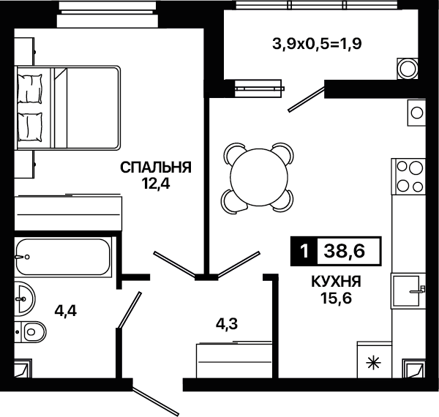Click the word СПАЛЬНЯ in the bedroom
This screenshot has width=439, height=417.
[x=156, y=168]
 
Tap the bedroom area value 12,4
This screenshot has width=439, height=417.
[x=156, y=184]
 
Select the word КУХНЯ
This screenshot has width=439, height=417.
[x=337, y=282]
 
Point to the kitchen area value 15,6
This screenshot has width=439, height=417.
[x=337, y=298]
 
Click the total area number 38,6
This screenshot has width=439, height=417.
[x=345, y=251]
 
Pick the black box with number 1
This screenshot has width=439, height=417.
[x=304, y=251]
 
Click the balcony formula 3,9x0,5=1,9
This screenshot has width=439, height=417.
[x=317, y=44]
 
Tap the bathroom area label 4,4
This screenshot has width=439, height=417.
[x=66, y=311]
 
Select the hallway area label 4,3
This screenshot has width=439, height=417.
[x=227, y=324]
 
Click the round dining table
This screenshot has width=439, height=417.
[x=259, y=178]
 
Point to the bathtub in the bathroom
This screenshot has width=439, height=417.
[x=63, y=257]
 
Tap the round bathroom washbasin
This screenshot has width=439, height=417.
[x=25, y=298]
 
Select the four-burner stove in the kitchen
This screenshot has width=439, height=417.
[x=408, y=176]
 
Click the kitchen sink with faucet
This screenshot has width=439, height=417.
[x=408, y=291]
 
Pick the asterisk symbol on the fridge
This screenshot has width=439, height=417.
[x=374, y=364]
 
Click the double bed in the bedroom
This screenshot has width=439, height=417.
[x=68, y=108]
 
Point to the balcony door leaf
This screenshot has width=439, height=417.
[x=306, y=100]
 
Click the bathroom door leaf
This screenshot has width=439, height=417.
[x=130, y=309]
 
